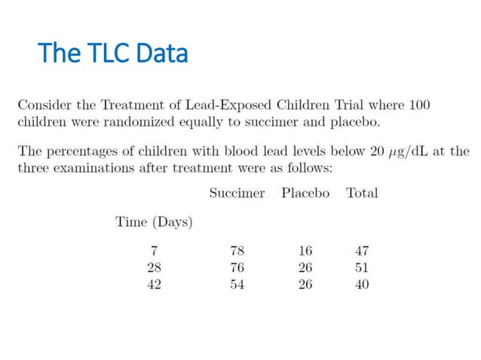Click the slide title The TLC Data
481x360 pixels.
pyautogui.click(x=112, y=53)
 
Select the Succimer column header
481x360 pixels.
pyautogui.click(x=237, y=193)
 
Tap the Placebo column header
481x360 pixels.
pyautogui.click(x=305, y=193)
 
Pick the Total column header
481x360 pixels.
pyautogui.click(x=362, y=193)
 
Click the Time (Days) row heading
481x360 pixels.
pyautogui.click(x=154, y=222)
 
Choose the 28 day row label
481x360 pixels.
pyautogui.click(x=154, y=267)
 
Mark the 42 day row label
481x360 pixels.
pyautogui.click(x=154, y=285)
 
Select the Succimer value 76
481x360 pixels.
pyautogui.click(x=237, y=267)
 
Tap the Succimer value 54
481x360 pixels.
pyautogui.click(x=237, y=285)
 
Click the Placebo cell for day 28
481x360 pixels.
pyautogui.click(x=305, y=267)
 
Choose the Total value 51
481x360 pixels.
pyautogui.click(x=362, y=267)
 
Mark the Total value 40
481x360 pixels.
pyautogui.click(x=362, y=285)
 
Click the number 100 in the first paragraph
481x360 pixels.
pyautogui.click(x=417, y=104)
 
